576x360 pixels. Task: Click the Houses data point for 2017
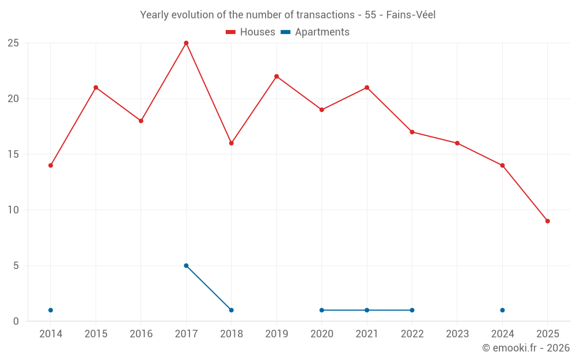point(186,43)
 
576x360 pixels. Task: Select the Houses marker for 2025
point(547,221)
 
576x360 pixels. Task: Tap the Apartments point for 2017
point(186,266)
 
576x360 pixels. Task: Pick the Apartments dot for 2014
point(51,310)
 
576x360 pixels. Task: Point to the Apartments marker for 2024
point(502,310)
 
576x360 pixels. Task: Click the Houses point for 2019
point(276,77)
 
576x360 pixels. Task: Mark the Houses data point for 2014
point(51,165)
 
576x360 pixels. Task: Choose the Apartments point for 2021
point(367,310)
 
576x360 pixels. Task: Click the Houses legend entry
point(251,32)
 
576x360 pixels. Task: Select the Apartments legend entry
point(315,32)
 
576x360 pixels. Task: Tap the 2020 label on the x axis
point(321,334)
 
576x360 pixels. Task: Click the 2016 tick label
point(141,334)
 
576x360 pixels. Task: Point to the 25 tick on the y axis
point(13,43)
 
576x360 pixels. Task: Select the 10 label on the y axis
point(13,210)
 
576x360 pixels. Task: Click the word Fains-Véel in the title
point(411,15)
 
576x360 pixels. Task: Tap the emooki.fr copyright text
point(525,348)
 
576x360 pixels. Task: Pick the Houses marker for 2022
point(412,132)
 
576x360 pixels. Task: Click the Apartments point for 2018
point(231,310)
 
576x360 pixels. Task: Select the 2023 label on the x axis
point(457,334)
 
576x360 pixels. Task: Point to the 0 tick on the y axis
point(16,321)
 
